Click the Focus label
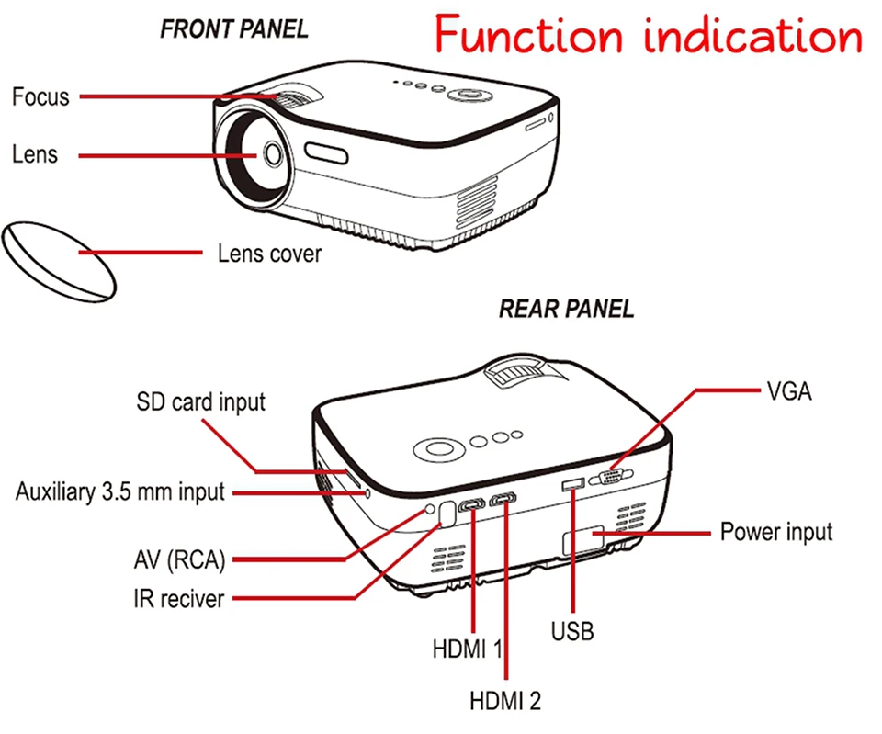tap(40, 96)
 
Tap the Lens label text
tap(35, 153)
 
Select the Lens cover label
tap(269, 253)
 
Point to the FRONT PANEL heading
tap(234, 28)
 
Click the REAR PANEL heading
tap(566, 309)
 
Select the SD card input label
tap(200, 401)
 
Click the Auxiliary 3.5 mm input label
tap(119, 491)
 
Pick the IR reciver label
tap(178, 599)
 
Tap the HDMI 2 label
tap(505, 702)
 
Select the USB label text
tap(572, 631)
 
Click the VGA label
tap(790, 391)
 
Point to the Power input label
tap(776, 531)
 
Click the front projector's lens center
tap(273, 153)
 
